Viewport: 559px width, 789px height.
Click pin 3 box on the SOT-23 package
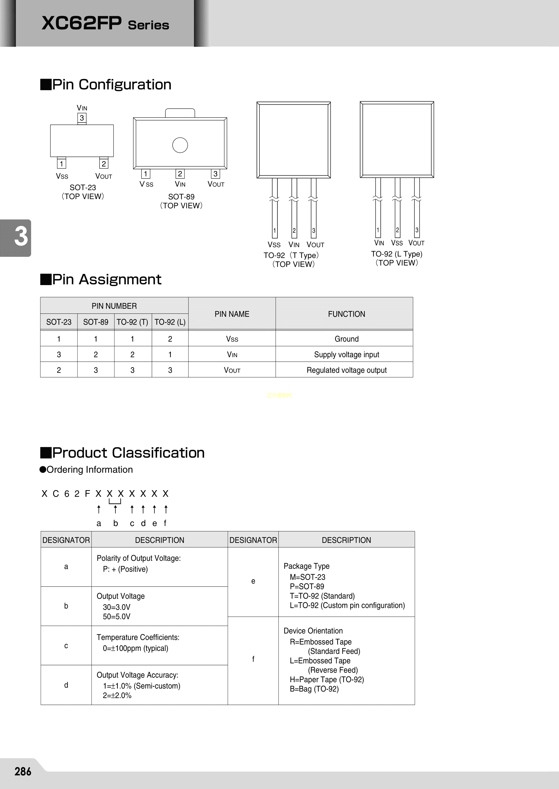click(x=82, y=118)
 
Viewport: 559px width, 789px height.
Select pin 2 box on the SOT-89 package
click(x=180, y=174)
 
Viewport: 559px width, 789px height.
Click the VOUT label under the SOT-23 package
click(x=103, y=176)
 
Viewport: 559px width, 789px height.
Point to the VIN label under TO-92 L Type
click(x=379, y=243)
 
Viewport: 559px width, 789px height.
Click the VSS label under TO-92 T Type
click(x=274, y=245)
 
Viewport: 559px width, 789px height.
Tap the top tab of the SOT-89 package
click(x=180, y=113)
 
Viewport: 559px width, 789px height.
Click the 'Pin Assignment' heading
click(x=106, y=279)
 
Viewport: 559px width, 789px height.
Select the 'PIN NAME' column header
click(x=232, y=314)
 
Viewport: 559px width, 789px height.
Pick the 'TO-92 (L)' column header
click(x=170, y=322)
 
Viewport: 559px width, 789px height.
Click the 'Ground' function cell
click(x=346, y=339)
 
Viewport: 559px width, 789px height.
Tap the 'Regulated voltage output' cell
click(x=346, y=370)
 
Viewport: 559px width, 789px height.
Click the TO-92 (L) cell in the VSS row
click(x=170, y=339)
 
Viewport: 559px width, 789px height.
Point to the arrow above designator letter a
click(x=99, y=509)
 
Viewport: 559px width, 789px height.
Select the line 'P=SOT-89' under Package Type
click(x=307, y=586)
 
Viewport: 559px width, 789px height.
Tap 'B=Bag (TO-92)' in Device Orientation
click(x=314, y=689)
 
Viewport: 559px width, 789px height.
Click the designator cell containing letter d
click(x=66, y=685)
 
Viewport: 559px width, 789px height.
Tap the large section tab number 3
click(x=21, y=237)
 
